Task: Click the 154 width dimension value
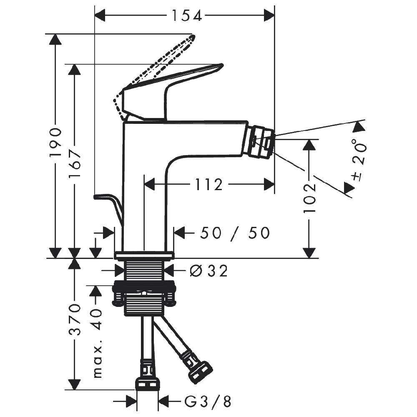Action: coord(187,16)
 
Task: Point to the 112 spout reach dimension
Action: coord(209,185)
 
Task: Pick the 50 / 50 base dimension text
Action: coord(235,233)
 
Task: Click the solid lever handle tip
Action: coord(220,66)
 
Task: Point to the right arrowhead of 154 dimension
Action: coord(269,16)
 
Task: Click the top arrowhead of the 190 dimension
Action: coord(55,39)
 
